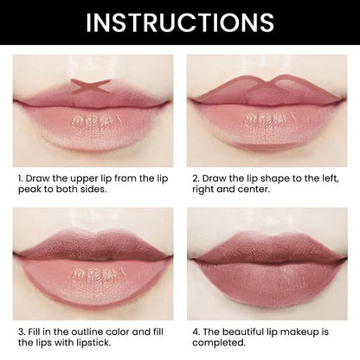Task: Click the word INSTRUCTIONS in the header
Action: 180,22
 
